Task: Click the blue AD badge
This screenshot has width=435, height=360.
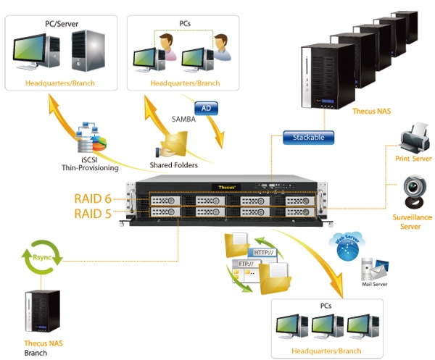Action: point(207,107)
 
